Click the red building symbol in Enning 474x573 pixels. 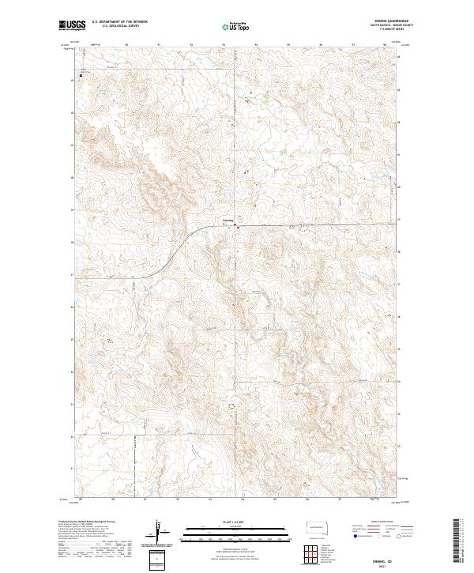(237, 227)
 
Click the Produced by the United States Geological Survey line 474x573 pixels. (82, 522)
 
